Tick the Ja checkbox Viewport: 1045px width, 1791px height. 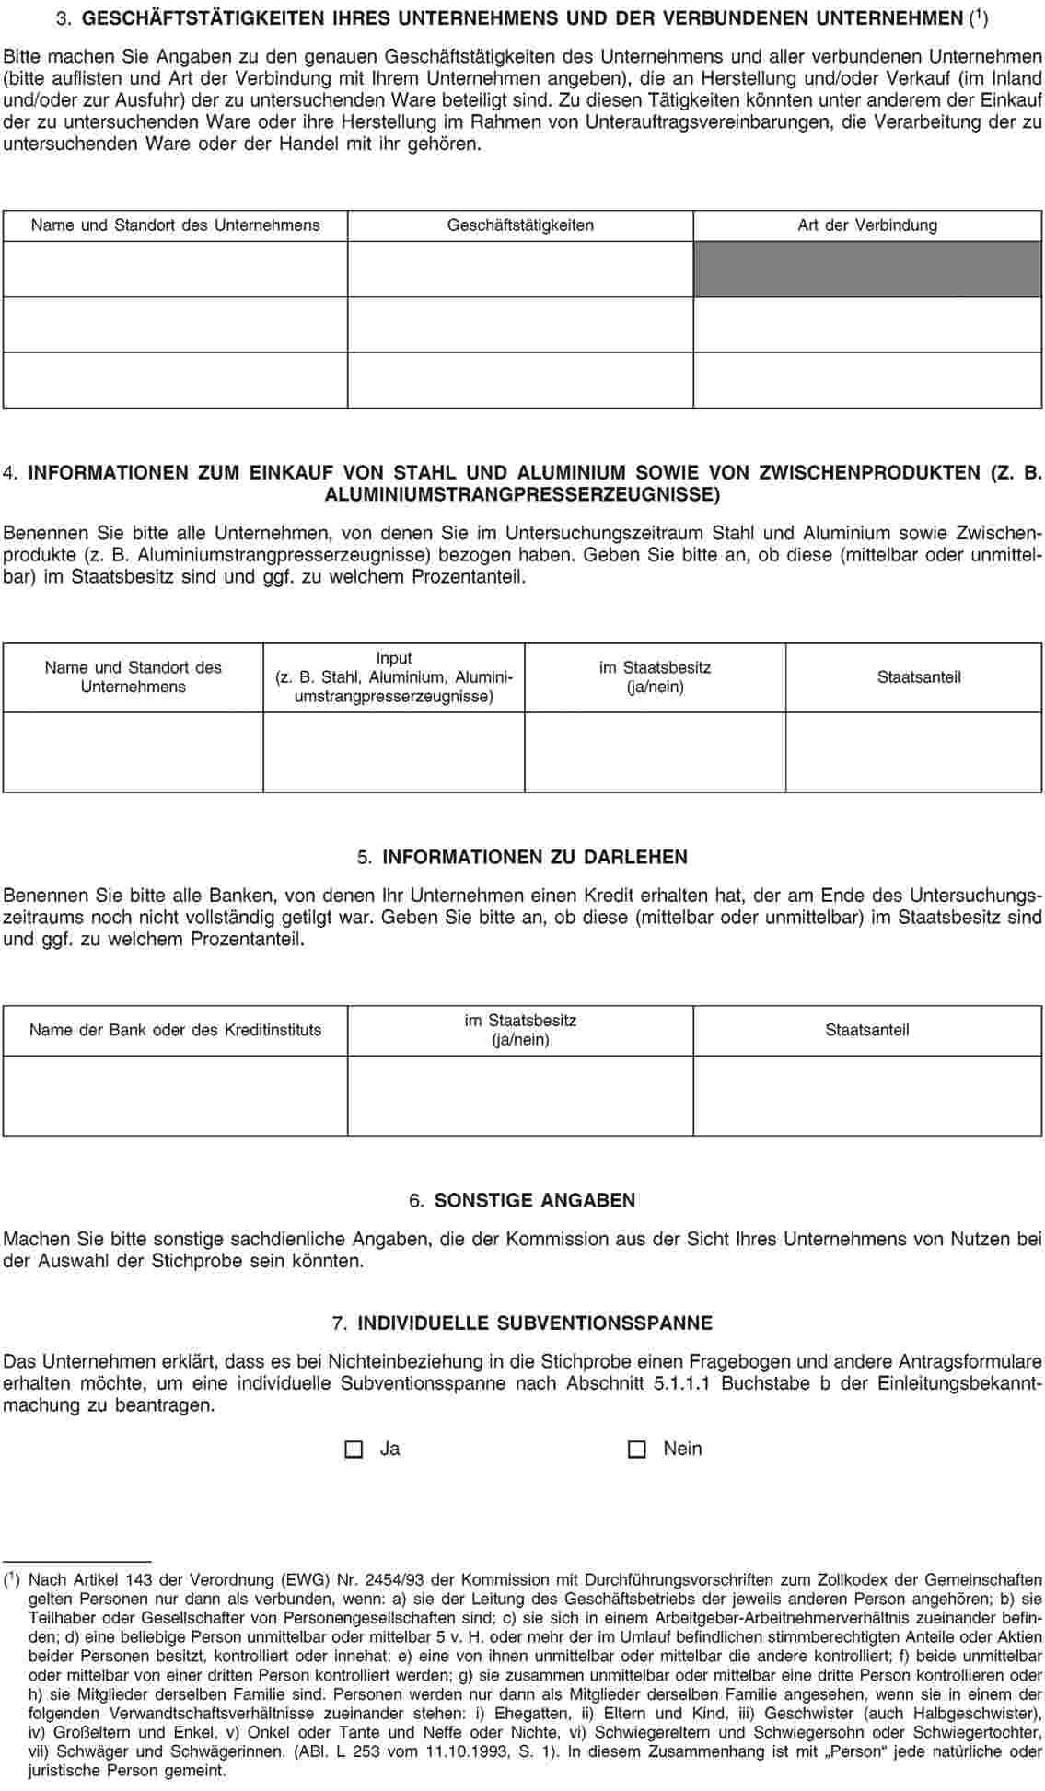354,1449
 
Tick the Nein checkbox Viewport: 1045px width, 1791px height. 636,1449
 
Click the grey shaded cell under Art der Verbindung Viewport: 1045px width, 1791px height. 867,269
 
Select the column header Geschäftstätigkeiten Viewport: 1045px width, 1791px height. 520,225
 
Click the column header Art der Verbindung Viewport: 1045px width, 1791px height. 867,225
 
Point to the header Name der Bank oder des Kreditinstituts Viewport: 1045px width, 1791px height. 176,1030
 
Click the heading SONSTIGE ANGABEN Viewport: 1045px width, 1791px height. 534,1200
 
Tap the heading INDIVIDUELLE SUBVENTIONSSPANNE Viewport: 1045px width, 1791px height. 534,1323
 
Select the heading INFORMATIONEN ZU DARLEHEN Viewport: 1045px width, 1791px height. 534,857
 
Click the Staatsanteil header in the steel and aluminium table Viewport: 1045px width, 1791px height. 919,677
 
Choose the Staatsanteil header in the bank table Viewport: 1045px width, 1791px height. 867,1030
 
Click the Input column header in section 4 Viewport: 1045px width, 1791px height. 394,677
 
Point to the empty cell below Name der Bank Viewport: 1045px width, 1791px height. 176,1095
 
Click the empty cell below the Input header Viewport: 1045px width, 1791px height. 394,751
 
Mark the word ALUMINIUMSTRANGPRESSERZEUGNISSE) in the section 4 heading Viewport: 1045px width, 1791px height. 523,495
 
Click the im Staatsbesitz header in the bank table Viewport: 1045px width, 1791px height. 520,1030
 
